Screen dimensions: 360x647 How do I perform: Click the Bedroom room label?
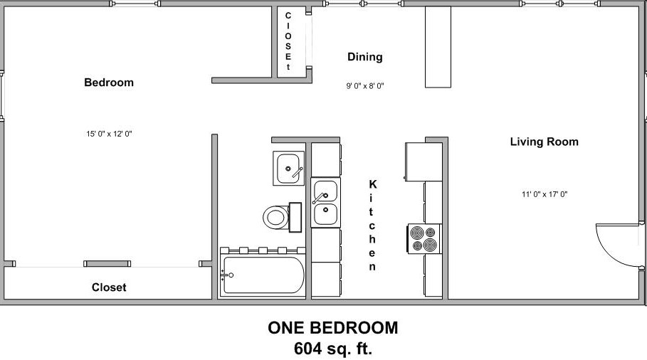click(x=109, y=83)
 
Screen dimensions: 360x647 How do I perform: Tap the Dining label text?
click(x=364, y=57)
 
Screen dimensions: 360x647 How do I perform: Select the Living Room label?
click(x=544, y=142)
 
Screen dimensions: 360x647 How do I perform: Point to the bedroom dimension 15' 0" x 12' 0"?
click(x=110, y=133)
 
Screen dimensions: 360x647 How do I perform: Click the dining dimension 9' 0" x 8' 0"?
click(x=365, y=86)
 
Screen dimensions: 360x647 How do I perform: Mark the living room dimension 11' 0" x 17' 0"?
click(x=544, y=194)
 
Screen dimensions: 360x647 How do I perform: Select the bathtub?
click(x=263, y=275)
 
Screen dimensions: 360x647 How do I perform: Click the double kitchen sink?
click(x=325, y=202)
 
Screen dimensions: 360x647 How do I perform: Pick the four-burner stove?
click(x=424, y=238)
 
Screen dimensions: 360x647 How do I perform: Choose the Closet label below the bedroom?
click(x=109, y=287)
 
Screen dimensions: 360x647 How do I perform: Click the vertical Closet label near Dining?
click(x=288, y=41)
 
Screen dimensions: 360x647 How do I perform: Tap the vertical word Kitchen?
click(x=372, y=225)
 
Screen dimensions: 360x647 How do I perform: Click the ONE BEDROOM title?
click(x=332, y=328)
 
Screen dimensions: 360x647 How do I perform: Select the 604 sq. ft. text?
click(x=332, y=349)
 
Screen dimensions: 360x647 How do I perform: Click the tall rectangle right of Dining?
click(x=439, y=47)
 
